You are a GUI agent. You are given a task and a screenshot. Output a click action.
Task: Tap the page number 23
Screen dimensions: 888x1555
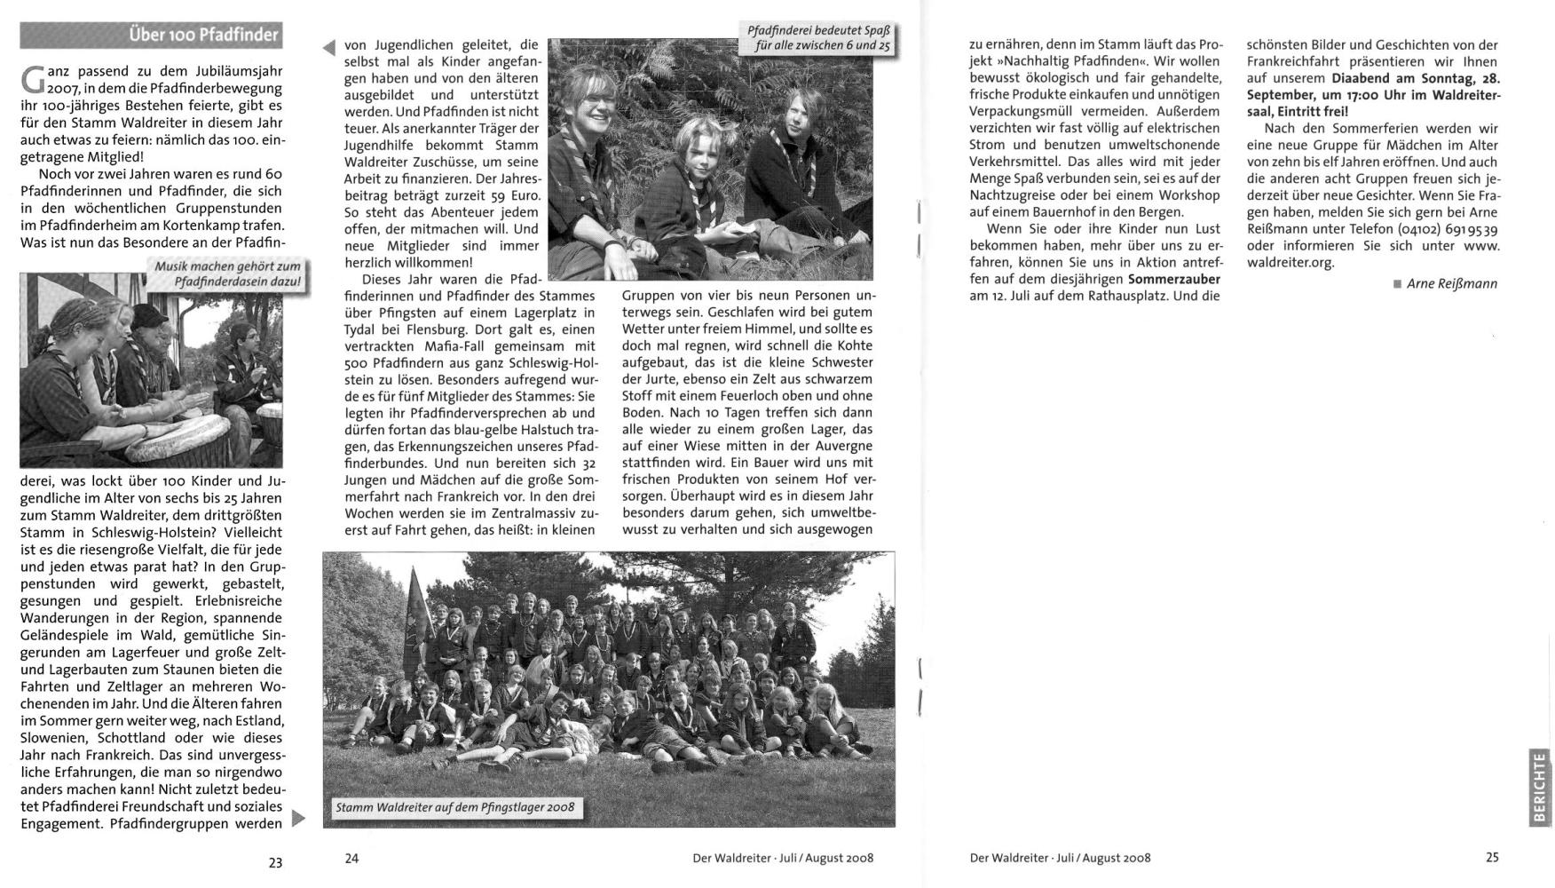click(x=275, y=862)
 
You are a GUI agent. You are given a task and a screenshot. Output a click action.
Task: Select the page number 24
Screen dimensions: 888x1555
click(x=351, y=858)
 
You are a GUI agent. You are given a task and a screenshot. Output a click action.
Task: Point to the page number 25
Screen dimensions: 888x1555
click(x=1492, y=857)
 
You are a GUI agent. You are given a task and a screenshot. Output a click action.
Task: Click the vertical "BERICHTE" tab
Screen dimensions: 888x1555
click(x=1539, y=787)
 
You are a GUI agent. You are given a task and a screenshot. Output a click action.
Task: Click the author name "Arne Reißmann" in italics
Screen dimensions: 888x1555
click(x=1451, y=284)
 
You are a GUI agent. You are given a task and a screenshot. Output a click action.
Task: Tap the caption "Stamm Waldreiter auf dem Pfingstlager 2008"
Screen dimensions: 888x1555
click(x=454, y=808)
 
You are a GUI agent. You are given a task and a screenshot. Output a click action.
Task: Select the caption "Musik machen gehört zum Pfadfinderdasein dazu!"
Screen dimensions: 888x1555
click(x=228, y=274)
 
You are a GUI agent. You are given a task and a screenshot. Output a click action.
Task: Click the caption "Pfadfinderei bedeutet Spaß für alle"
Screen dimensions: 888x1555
click(x=817, y=37)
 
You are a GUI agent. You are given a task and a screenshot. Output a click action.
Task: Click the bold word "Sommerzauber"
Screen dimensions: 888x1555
click(x=1173, y=280)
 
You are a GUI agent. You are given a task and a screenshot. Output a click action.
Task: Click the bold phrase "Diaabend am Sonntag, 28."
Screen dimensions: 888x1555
click(x=1416, y=78)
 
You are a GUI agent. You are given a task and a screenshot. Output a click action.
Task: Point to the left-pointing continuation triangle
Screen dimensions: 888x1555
click(x=329, y=48)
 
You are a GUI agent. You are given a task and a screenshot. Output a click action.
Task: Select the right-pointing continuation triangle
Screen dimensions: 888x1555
click(x=298, y=817)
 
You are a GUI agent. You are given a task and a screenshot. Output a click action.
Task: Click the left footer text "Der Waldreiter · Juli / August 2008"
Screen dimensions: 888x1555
click(x=783, y=858)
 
